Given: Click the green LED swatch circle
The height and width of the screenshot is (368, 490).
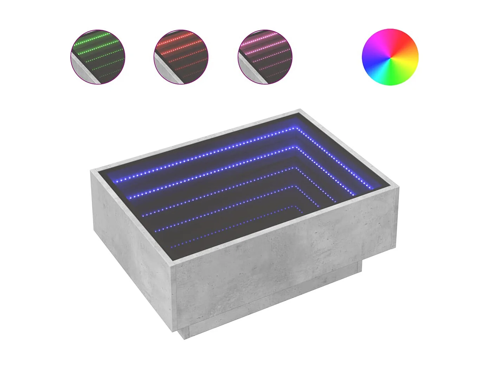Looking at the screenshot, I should pos(98,57).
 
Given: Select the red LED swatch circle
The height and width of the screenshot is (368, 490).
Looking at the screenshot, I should pos(181,57).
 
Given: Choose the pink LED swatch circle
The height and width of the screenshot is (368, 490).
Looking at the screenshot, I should pos(265,57).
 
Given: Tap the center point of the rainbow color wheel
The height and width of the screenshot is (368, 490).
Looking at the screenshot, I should pos(390,57).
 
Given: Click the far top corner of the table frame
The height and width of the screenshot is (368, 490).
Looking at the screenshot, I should pos(301,110).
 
